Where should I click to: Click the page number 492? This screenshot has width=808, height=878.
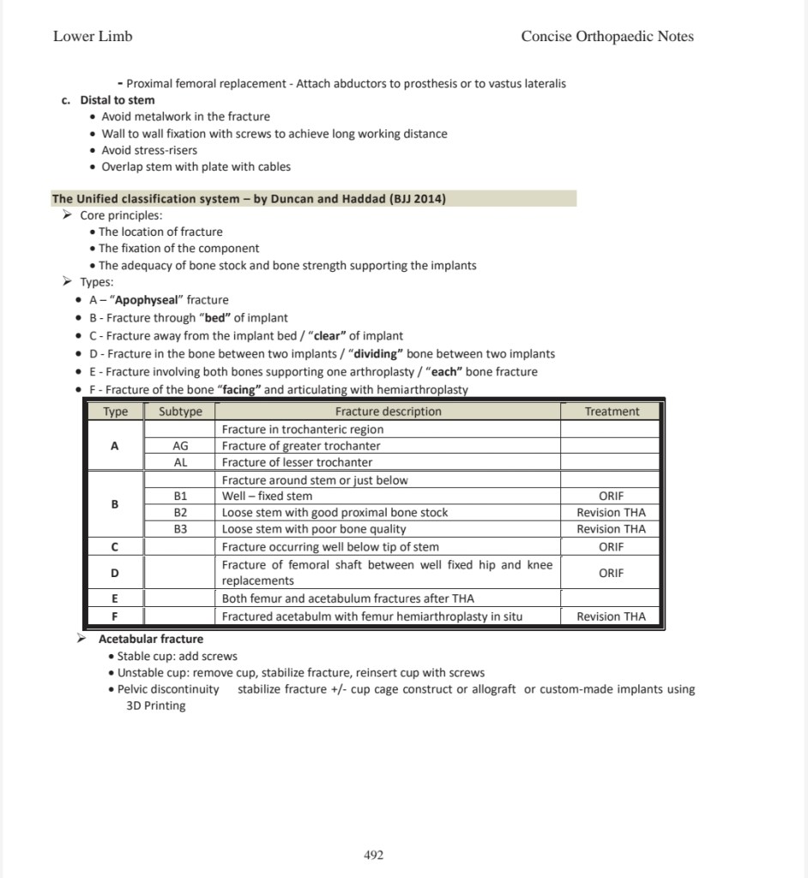(x=374, y=855)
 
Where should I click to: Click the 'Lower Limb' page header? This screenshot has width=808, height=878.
(x=93, y=36)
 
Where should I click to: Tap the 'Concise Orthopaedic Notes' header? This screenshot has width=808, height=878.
(x=607, y=36)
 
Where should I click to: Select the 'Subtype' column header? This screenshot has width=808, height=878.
(x=180, y=412)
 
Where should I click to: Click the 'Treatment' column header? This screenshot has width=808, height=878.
(x=612, y=412)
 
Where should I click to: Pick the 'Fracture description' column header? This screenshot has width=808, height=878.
(x=388, y=412)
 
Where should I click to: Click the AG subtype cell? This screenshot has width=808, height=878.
(x=180, y=446)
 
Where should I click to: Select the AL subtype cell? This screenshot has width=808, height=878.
(x=180, y=462)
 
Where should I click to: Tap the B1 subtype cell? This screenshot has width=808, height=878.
(x=180, y=496)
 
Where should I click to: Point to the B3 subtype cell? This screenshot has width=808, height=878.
(x=180, y=529)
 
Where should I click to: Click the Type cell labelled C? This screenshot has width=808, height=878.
(x=115, y=546)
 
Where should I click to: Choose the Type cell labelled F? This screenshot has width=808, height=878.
(x=115, y=616)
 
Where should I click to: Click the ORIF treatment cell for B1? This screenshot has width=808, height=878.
(x=612, y=496)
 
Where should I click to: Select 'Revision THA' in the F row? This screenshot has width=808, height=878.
(x=612, y=616)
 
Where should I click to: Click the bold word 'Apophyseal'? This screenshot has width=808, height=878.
(x=143, y=300)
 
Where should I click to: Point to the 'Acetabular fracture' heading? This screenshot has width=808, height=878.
(x=151, y=639)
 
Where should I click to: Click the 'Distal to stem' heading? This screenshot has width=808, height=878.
(x=118, y=99)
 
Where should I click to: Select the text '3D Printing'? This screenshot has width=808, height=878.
(x=150, y=706)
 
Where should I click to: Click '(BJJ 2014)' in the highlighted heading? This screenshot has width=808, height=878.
(x=417, y=199)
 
